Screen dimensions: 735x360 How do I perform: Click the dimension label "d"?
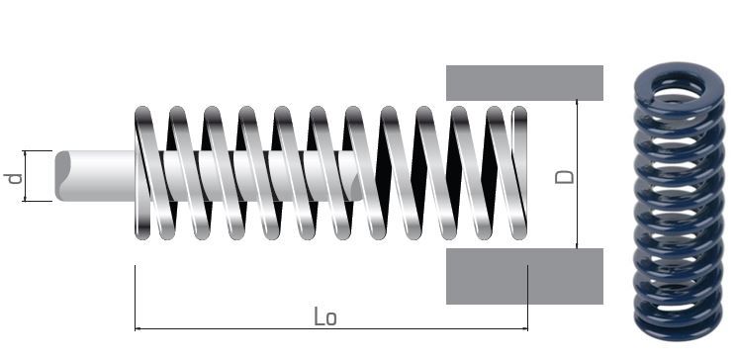click(14, 179)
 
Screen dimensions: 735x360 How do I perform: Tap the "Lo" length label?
click(325, 316)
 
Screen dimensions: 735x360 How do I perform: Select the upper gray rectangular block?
click(524, 83)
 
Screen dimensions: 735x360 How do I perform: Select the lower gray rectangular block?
click(524, 276)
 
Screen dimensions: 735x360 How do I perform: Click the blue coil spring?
click(679, 202)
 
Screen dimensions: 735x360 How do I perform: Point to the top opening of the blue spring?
click(679, 86)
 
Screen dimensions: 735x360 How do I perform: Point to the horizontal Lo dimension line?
click(331, 329)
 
